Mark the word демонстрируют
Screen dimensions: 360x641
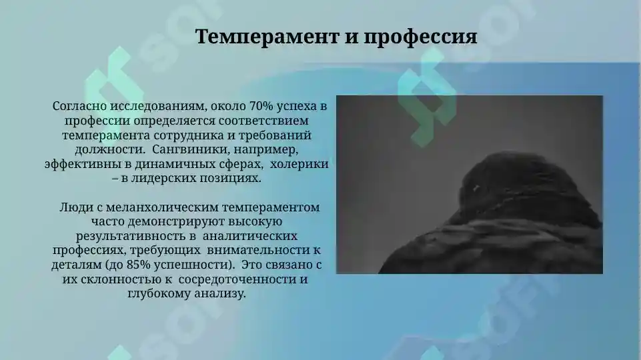(x=163, y=222)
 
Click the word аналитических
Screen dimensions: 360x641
(x=249, y=236)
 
